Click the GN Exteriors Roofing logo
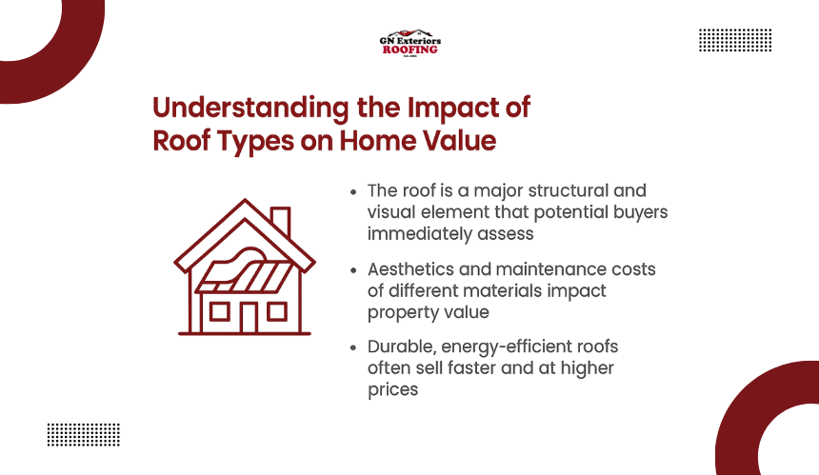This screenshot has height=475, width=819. coord(410,43)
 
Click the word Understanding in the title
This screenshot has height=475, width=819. coord(250,109)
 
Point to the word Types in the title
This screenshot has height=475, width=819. coord(255,142)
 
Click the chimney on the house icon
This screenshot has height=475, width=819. coord(281,222)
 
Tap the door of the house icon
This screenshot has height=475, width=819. coord(249,318)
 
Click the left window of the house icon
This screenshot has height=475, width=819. coord(219,311)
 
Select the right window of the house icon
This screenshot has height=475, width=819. coord(277,311)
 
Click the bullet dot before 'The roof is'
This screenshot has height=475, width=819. coord(353,192)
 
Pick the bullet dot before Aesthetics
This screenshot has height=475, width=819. coord(353,270)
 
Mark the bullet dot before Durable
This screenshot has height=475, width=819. coord(353,347)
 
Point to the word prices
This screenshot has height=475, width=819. coord(392,390)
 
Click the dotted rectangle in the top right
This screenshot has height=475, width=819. coord(735,40)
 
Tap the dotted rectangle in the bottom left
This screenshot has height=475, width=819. coord(84,435)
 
